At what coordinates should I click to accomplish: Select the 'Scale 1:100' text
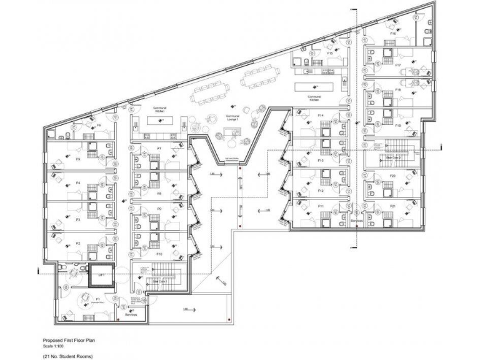52,345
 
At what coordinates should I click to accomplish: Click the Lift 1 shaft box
101,275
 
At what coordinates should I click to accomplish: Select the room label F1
80,299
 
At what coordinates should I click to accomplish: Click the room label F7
159,148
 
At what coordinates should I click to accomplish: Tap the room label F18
397,90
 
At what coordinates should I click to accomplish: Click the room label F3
78,220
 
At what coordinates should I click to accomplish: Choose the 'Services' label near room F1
130,315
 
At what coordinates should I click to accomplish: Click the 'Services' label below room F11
357,221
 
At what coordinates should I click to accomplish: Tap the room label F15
329,54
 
